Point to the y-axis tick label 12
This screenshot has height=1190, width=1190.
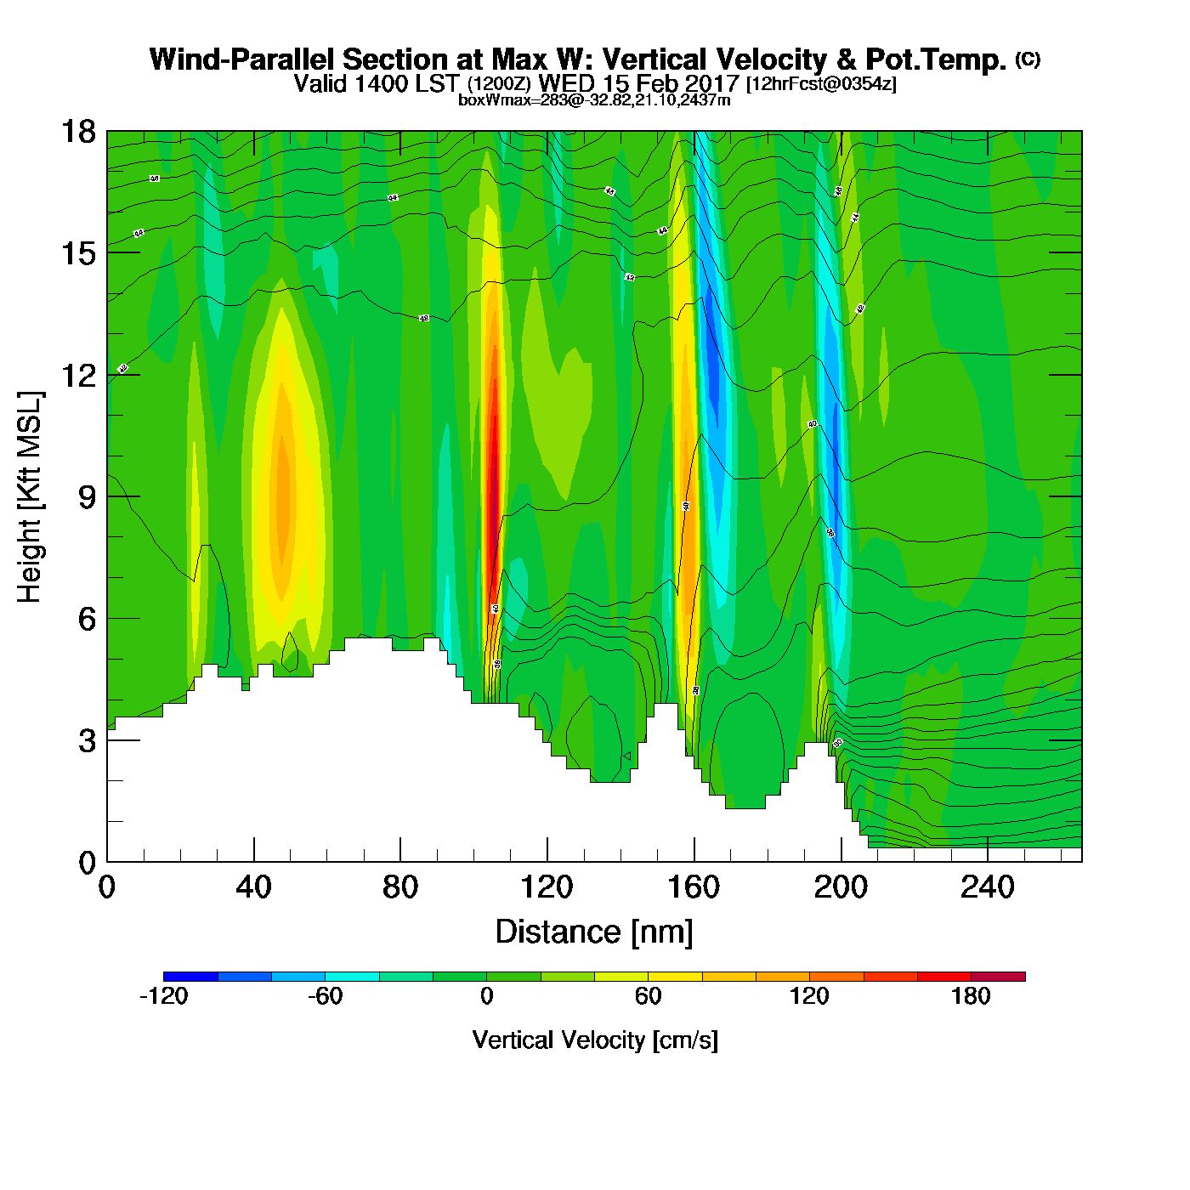coord(78,375)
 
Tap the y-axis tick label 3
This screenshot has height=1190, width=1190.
coord(87,740)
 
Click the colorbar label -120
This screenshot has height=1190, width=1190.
coord(163,996)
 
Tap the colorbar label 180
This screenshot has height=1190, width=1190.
coord(971,996)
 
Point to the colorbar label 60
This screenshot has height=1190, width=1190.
coord(648,996)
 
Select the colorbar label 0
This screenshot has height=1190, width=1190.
coord(486,996)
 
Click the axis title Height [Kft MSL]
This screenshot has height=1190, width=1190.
coord(30,497)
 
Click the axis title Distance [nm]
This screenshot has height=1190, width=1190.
coord(594,932)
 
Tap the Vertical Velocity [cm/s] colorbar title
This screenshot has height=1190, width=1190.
coord(595,1040)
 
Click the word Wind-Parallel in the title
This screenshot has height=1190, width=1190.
coord(243,59)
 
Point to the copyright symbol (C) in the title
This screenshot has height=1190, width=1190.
coord(1028,59)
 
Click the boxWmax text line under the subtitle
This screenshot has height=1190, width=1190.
coord(594,99)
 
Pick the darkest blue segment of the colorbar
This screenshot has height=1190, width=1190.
coord(190,976)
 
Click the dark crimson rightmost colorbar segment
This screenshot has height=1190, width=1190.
coord(998,976)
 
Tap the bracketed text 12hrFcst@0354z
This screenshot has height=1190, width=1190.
coord(821,84)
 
